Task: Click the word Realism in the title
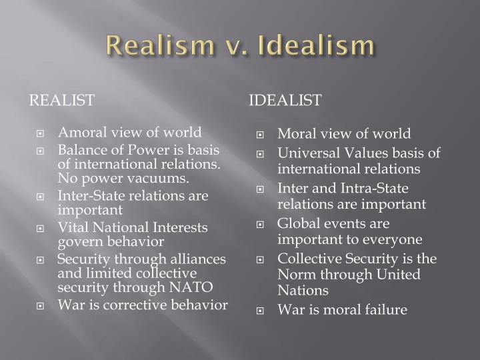point(155,47)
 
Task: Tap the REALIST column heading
point(61,100)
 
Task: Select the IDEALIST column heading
point(285,100)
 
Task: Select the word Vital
point(72,227)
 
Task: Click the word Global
point(297,223)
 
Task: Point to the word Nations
point(303,290)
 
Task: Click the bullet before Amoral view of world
point(41,133)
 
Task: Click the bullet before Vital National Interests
point(41,228)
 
